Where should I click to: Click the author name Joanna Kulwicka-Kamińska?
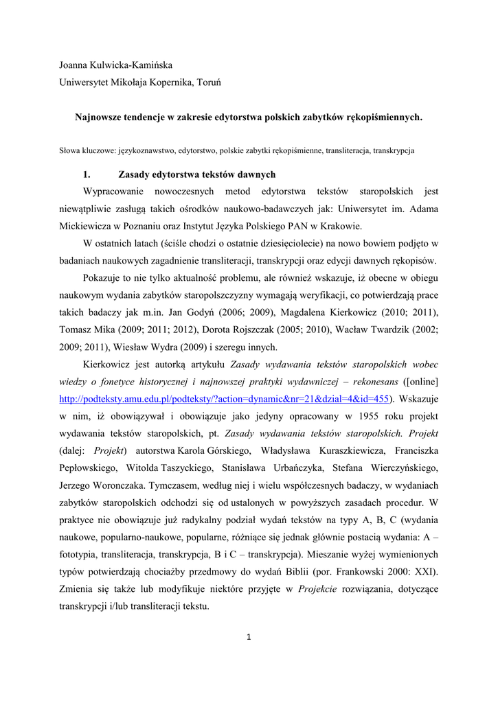[x=116, y=65]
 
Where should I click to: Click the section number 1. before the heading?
[x=87, y=174]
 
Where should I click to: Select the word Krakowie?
[x=340, y=225]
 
